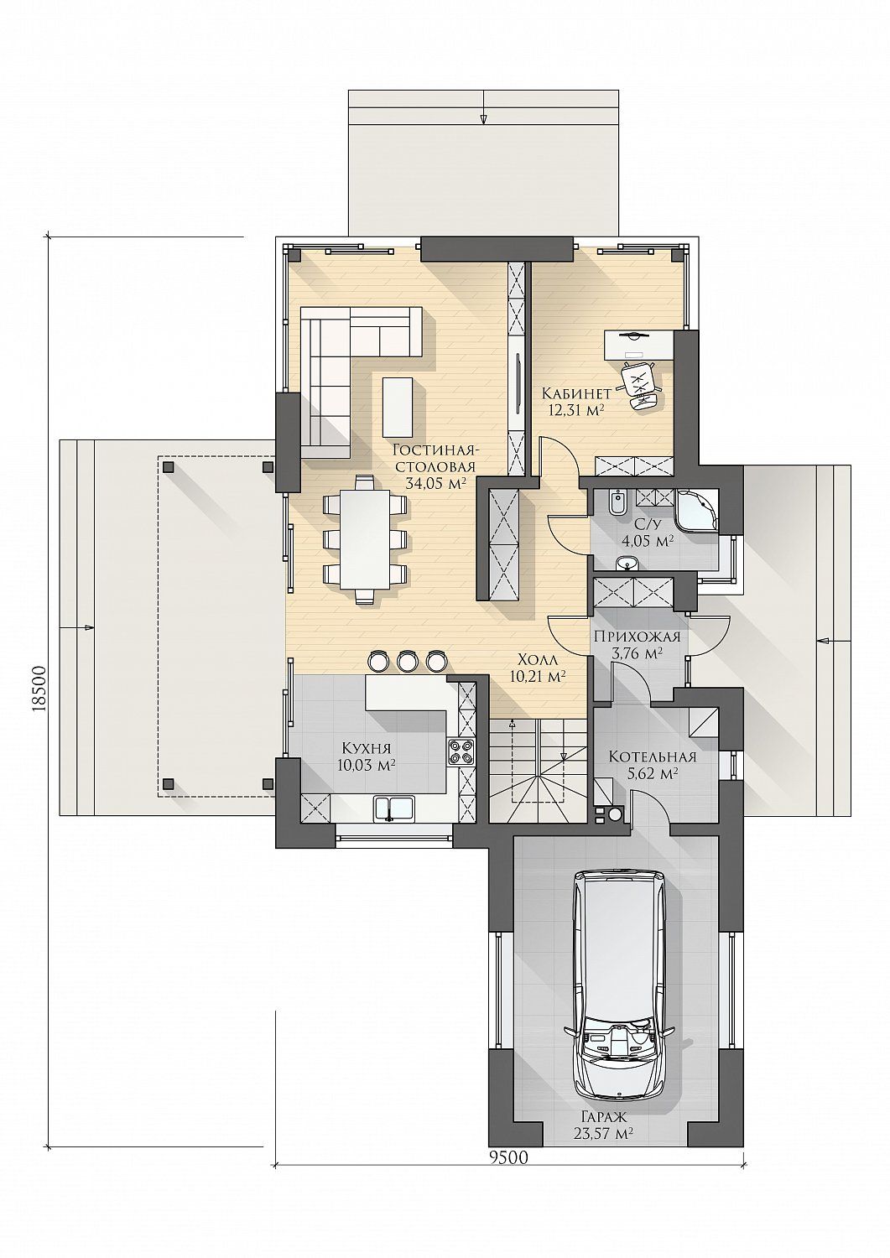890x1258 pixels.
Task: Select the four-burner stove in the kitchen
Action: (461, 751)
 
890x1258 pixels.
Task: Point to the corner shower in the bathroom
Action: (697, 510)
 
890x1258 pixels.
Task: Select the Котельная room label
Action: (653, 757)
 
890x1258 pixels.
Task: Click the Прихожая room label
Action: (638, 637)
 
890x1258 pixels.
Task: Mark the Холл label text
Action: (537, 659)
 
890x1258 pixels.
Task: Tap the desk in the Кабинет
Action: (639, 345)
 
